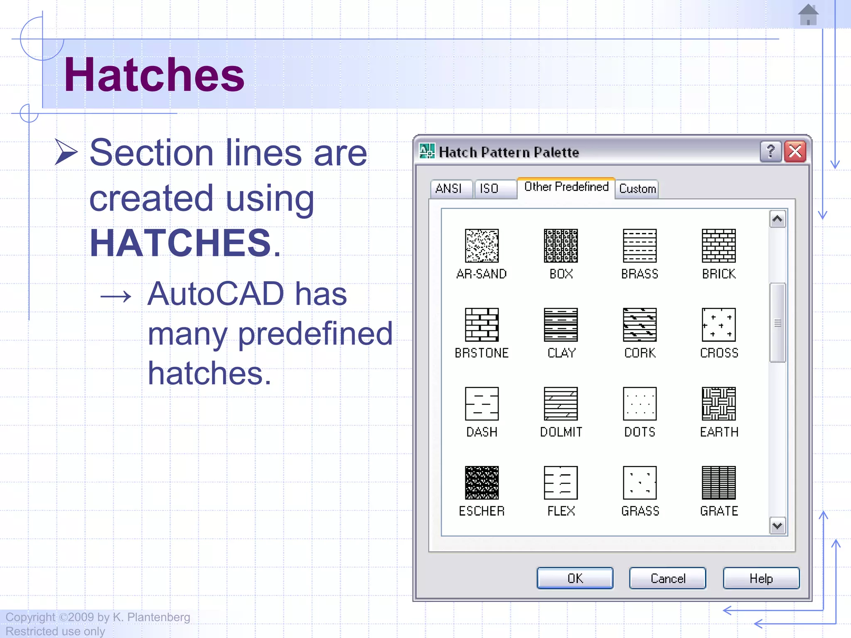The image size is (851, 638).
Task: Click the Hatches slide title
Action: tap(154, 75)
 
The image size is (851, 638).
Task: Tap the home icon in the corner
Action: tap(808, 15)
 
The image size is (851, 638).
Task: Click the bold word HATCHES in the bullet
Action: tap(180, 243)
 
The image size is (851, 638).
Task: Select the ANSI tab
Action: tap(449, 189)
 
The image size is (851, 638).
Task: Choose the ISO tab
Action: tap(489, 189)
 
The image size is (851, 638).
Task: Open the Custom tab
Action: tap(637, 189)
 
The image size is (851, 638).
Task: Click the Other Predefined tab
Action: tap(566, 187)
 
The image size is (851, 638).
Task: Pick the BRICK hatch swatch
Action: tap(718, 245)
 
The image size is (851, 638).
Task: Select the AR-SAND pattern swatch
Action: tap(482, 245)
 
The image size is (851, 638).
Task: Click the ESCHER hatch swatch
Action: tap(482, 483)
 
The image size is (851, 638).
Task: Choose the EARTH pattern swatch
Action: tap(718, 404)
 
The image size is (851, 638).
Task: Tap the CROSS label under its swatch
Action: tap(719, 353)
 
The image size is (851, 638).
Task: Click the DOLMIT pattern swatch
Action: tap(561, 404)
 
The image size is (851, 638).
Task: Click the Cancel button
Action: tap(667, 578)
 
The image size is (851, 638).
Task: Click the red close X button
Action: tap(795, 152)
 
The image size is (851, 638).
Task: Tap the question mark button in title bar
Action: tap(770, 152)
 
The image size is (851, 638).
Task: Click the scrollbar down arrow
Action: tap(777, 526)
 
